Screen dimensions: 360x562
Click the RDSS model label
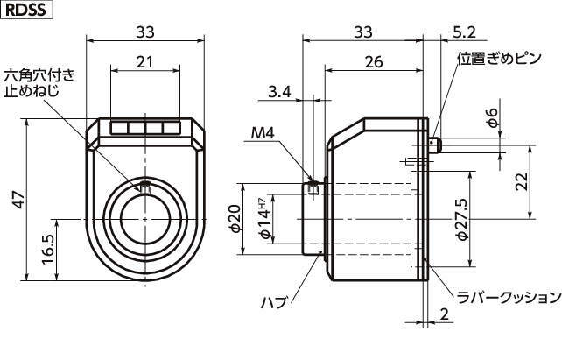[x=26, y=10]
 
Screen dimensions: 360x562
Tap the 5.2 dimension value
[x=466, y=32]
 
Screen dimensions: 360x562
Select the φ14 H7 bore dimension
[x=261, y=218]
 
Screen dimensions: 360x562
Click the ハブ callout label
[x=274, y=301]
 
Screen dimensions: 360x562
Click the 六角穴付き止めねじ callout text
[x=39, y=83]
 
